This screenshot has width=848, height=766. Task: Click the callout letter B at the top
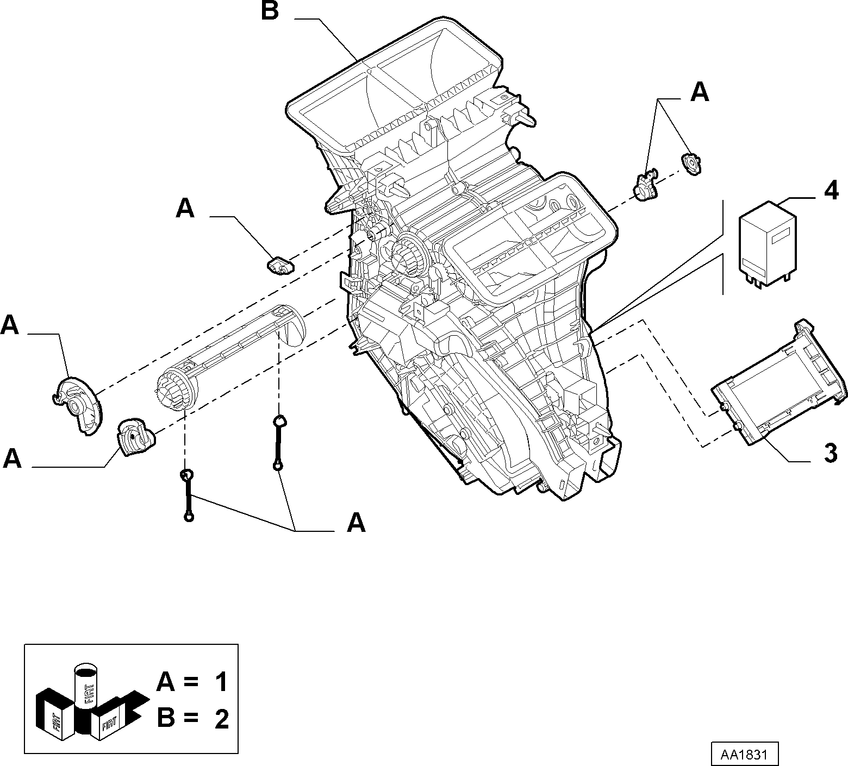click(270, 11)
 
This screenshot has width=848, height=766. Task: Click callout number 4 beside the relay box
click(831, 191)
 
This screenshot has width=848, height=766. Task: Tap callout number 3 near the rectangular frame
click(831, 453)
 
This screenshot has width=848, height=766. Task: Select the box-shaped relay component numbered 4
click(767, 242)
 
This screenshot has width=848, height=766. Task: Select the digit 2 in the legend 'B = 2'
click(221, 719)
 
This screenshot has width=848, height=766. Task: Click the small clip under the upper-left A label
click(280, 266)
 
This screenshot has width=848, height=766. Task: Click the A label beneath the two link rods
click(356, 523)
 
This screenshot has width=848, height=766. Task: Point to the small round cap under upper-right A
click(690, 164)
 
